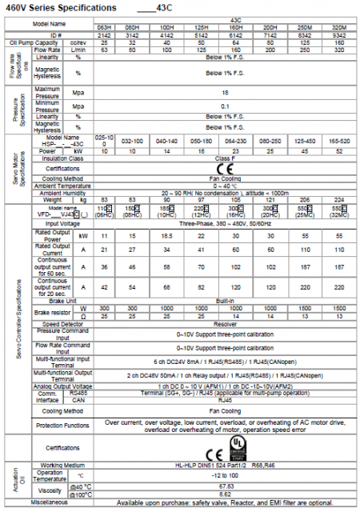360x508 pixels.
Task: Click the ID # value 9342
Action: point(339,37)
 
